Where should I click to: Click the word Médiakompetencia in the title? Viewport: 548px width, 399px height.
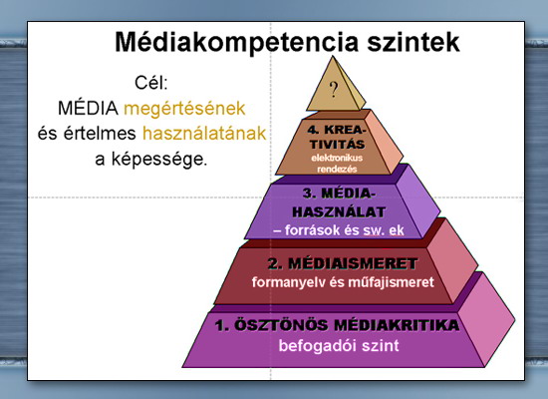tap(237, 43)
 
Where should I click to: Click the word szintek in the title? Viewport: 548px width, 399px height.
tap(413, 42)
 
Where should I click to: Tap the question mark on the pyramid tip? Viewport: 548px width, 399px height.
tap(334, 90)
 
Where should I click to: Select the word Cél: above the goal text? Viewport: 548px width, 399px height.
tap(151, 83)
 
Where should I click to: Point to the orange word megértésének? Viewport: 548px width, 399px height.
tap(184, 109)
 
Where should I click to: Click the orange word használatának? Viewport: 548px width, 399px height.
tap(204, 134)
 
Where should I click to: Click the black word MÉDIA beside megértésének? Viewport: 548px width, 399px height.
tap(88, 108)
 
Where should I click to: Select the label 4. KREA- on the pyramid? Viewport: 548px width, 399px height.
tap(337, 130)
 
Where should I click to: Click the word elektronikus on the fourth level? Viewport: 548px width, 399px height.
tap(337, 158)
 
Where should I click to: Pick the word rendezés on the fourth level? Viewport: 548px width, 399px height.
tap(337, 169)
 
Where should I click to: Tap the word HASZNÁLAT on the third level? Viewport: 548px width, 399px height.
tap(339, 211)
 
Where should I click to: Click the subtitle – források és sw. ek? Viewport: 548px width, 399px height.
tap(339, 230)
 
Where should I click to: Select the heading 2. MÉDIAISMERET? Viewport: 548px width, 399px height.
tap(343, 263)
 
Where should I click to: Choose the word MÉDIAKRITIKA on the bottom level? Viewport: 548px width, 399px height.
tap(397, 325)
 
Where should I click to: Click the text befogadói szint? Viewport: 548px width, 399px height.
tap(339, 346)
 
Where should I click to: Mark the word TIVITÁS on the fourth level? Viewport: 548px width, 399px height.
tap(337, 145)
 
